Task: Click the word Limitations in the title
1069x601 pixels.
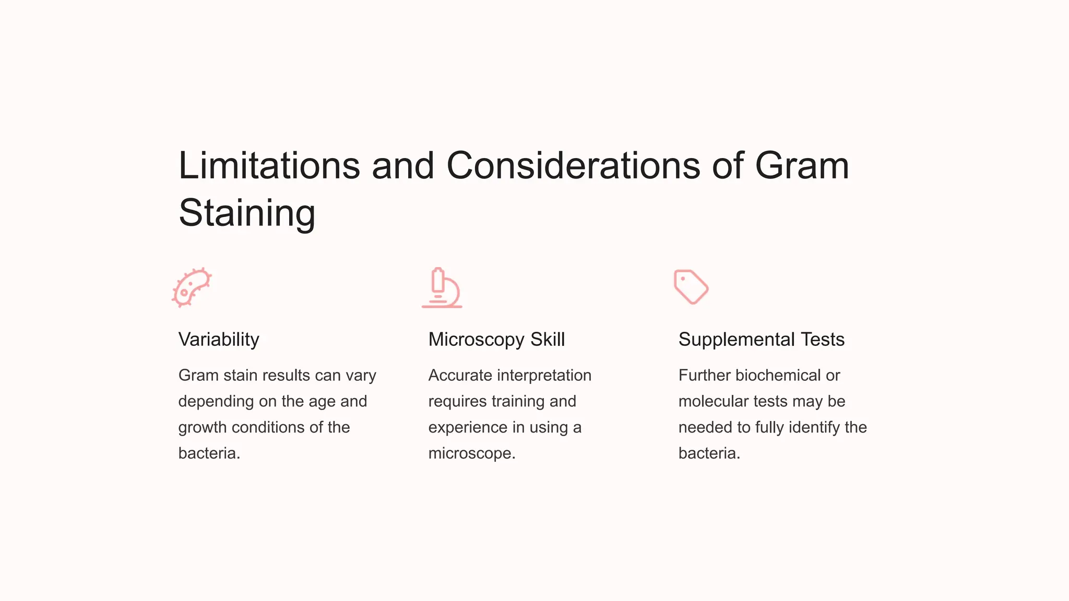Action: pyautogui.click(x=269, y=166)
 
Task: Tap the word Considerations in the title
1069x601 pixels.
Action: pyautogui.click(x=573, y=166)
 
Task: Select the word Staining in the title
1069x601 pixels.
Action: pyautogui.click(x=247, y=213)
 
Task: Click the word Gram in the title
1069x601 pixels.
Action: pyautogui.click(x=802, y=166)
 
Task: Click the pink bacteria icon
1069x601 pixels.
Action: pyautogui.click(x=192, y=287)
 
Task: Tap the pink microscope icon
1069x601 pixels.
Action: pyautogui.click(x=442, y=288)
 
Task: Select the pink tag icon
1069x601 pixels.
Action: pyautogui.click(x=691, y=287)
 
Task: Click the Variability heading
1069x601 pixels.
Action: pyautogui.click(x=219, y=340)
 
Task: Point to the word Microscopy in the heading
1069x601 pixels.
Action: pyautogui.click(x=476, y=340)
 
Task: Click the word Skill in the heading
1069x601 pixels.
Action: pyautogui.click(x=548, y=340)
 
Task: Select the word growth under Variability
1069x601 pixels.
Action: pyautogui.click(x=203, y=428)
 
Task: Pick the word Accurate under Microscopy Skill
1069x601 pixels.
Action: pyautogui.click(x=460, y=376)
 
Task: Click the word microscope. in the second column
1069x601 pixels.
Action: pyautogui.click(x=472, y=453)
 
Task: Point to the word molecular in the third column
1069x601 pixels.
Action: pyautogui.click(x=713, y=402)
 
